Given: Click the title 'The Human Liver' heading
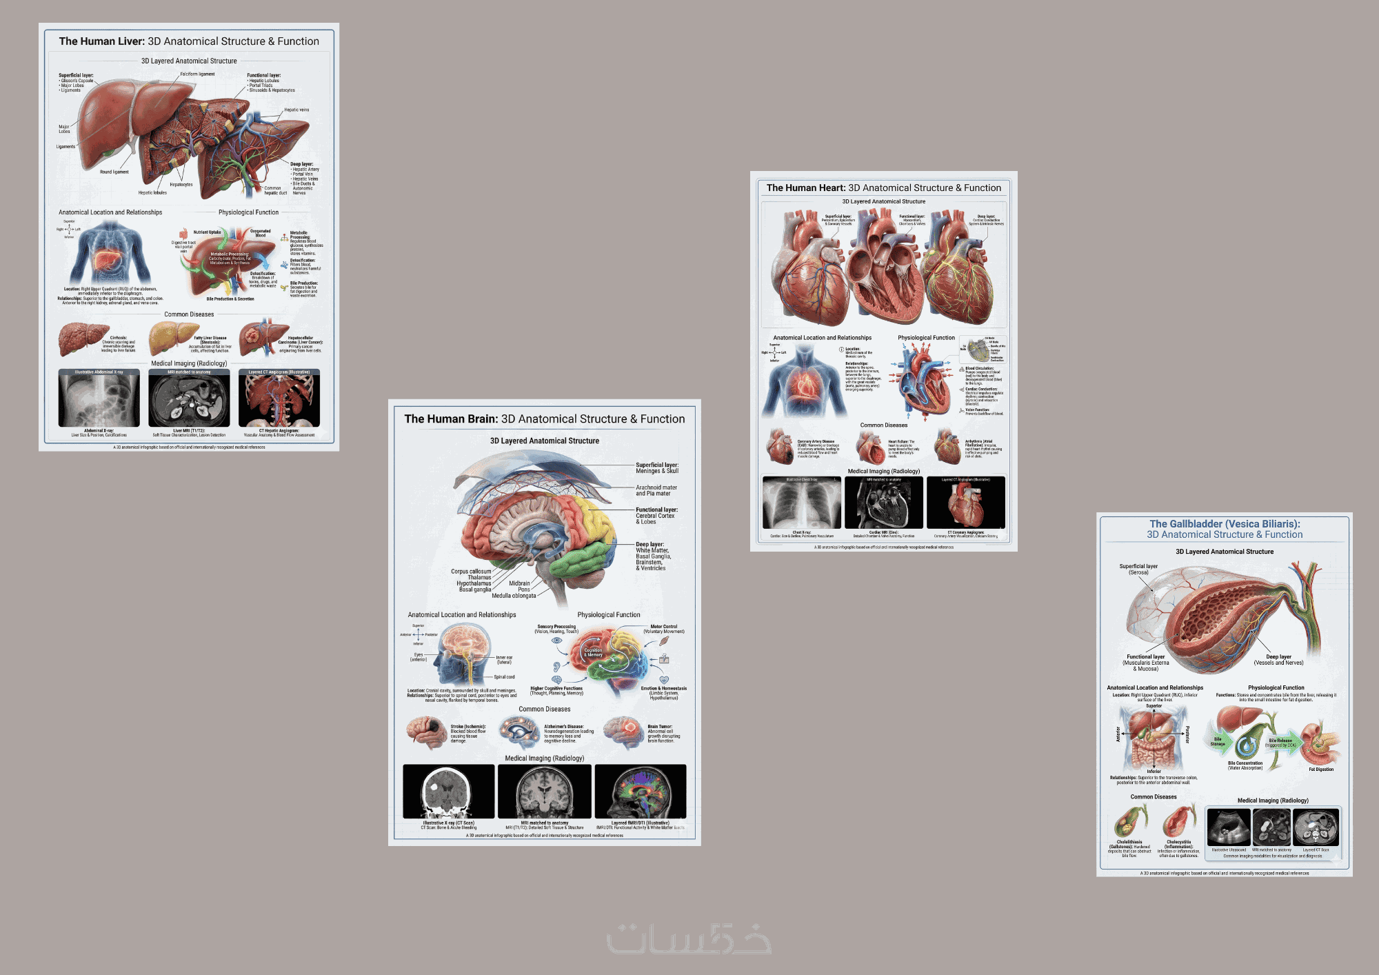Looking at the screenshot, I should click(x=189, y=41).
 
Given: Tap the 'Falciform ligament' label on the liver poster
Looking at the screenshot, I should click(x=197, y=74).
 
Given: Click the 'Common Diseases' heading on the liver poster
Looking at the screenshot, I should click(x=189, y=314).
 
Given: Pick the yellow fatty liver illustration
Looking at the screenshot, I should click(x=171, y=337).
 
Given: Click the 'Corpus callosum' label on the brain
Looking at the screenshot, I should click(x=471, y=572).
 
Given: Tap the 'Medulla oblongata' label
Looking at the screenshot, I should click(x=514, y=596).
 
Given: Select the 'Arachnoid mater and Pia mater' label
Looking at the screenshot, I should click(x=656, y=490).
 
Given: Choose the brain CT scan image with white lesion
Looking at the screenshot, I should click(x=448, y=791).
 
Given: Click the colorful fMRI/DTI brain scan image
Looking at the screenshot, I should click(x=640, y=791).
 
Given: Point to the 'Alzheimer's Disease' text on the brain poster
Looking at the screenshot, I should click(x=564, y=727).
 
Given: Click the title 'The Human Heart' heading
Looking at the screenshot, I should click(x=883, y=188).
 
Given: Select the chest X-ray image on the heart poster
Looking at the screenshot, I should click(x=801, y=503).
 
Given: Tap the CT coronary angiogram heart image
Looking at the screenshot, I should click(x=965, y=503).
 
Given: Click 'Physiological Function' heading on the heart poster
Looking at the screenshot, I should click(x=926, y=338).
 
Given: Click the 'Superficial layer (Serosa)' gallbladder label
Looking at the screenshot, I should click(x=1138, y=569).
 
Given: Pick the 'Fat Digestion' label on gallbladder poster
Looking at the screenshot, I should click(x=1321, y=770).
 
